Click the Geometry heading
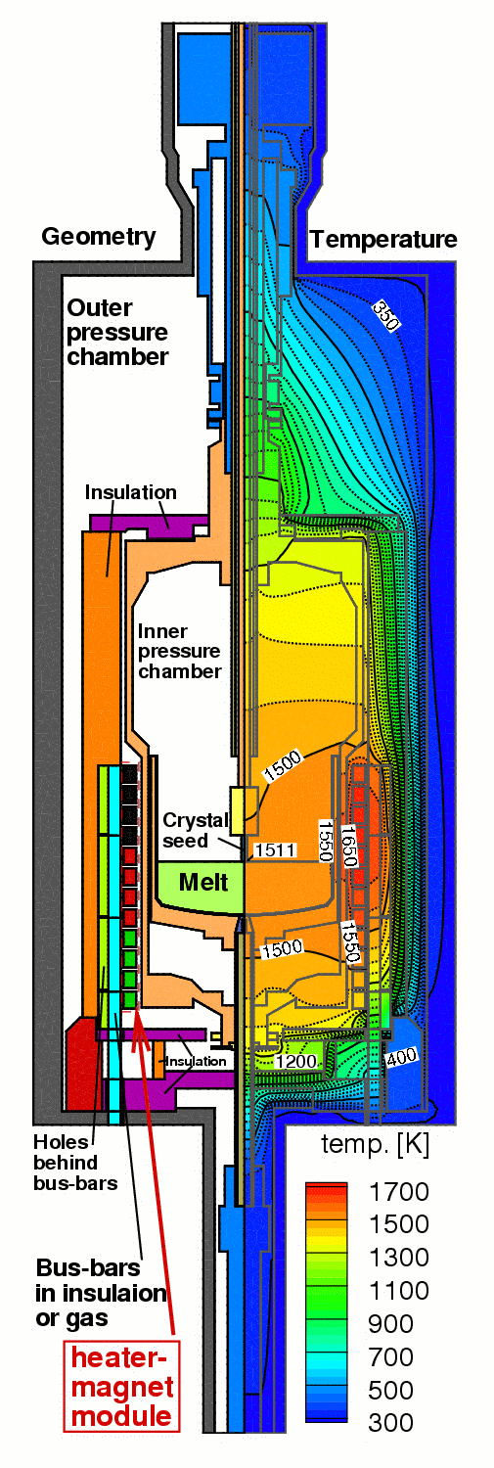pyautogui.click(x=99, y=237)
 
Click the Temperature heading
pyautogui.click(x=383, y=240)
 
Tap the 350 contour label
pyautogui.click(x=385, y=315)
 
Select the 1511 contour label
pyautogui.click(x=275, y=850)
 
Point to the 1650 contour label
pyautogui.click(x=349, y=847)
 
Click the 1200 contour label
pyautogui.click(x=296, y=1061)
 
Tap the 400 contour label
pyautogui.click(x=401, y=1056)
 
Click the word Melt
pyautogui.click(x=203, y=882)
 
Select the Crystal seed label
pyautogui.click(x=196, y=830)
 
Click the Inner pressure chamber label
pyautogui.click(x=180, y=652)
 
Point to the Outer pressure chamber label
pyautogui.click(x=117, y=333)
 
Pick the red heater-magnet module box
pyautogui.click(x=122, y=1386)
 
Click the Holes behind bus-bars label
pyautogui.click(x=75, y=1163)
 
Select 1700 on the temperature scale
pyautogui.click(x=399, y=1191)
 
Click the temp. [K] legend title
pyautogui.click(x=375, y=1145)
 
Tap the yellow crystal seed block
pyautogui.click(x=237, y=810)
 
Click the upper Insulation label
pyautogui.click(x=130, y=492)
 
